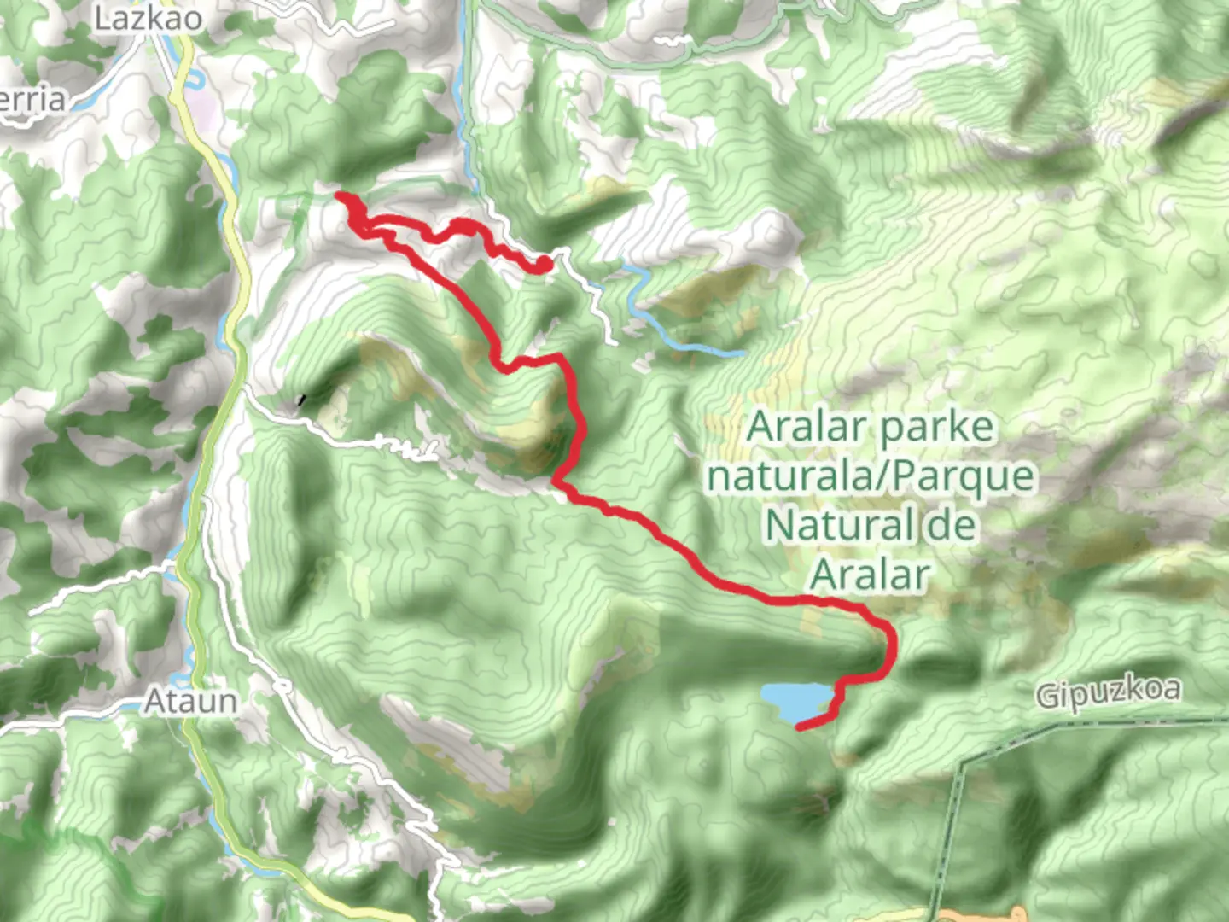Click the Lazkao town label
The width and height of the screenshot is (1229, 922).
click(149, 18)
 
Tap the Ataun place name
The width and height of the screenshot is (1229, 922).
click(190, 702)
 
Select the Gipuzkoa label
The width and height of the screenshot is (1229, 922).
click(1109, 691)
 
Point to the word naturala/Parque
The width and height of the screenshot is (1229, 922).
click(871, 476)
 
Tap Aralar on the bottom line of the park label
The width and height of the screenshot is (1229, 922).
click(870, 574)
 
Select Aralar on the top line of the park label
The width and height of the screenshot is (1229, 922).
click(805, 427)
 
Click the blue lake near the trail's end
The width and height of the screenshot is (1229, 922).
click(793, 700)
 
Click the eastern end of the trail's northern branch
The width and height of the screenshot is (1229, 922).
click(543, 266)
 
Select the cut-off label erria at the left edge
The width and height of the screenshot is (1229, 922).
click(32, 100)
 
